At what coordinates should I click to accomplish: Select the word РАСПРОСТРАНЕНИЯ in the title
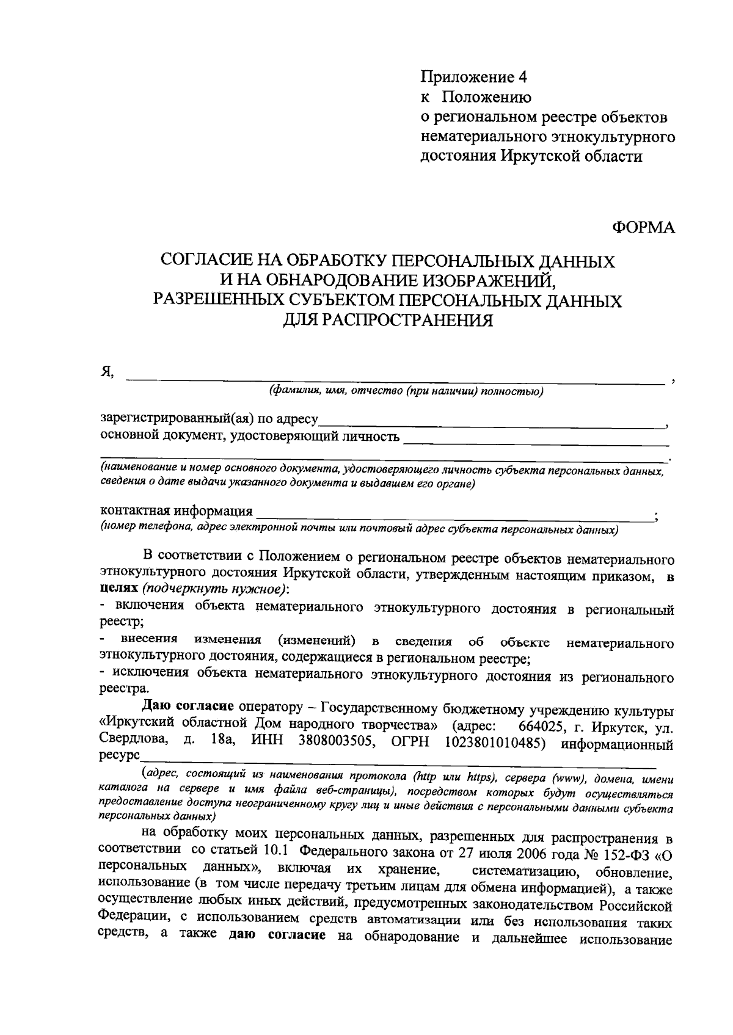click(x=388, y=320)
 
